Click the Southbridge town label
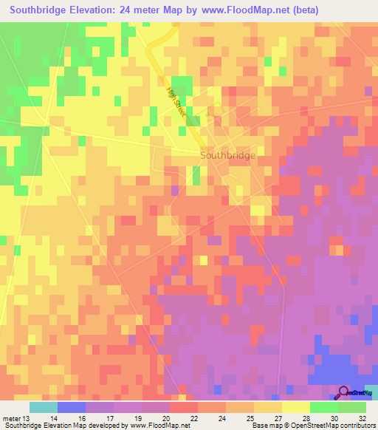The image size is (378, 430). (x=228, y=156)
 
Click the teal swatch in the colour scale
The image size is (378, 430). (x=44, y=407)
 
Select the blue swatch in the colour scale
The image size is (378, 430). (x=72, y=407)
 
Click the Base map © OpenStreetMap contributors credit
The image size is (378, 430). (x=311, y=425)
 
